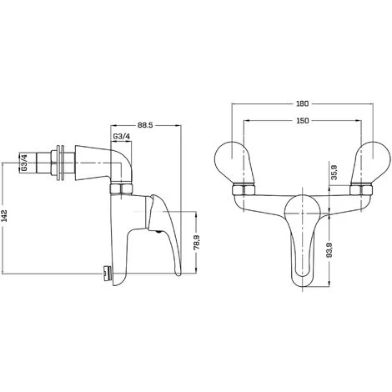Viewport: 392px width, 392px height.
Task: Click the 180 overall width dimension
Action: [x=303, y=103]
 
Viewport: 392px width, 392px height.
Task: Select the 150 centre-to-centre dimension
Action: [x=303, y=122]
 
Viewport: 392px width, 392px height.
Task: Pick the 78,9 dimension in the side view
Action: [x=197, y=241]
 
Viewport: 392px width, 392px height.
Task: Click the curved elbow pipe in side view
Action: [x=108, y=167]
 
